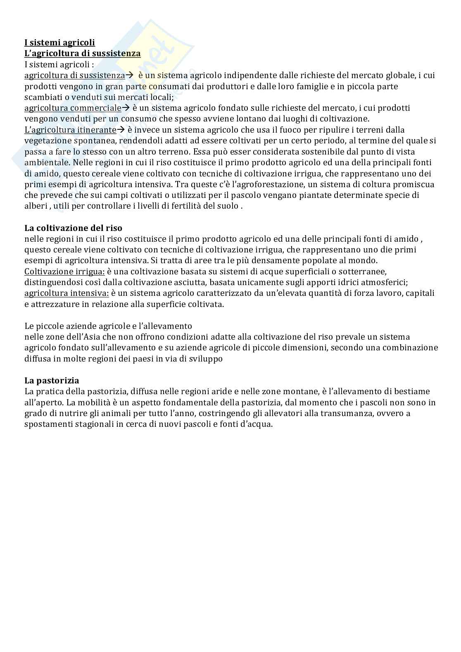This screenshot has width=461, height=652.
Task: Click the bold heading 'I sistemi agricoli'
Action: point(59,43)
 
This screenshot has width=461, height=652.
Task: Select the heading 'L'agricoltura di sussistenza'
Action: point(82,53)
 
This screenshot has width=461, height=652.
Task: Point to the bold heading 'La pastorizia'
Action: point(52,381)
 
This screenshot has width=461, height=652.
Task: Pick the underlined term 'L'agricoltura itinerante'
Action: point(70,130)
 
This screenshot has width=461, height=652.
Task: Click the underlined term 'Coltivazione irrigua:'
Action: point(64,271)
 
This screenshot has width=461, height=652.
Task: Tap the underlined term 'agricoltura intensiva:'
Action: point(67,293)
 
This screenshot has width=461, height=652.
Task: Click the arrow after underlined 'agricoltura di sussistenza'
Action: point(129,76)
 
